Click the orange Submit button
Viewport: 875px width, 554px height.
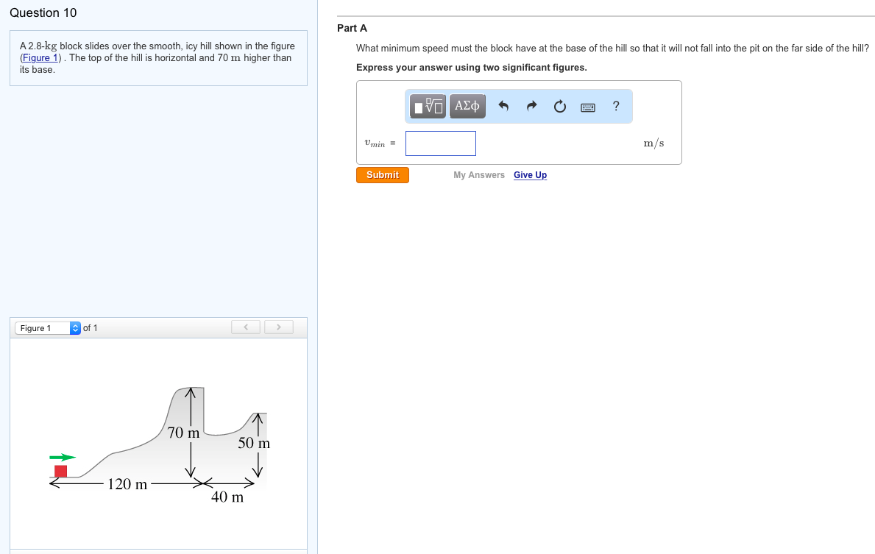coord(383,175)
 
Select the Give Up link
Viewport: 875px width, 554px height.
coord(530,175)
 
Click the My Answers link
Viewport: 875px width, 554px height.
coord(479,175)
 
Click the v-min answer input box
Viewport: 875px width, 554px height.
coord(440,143)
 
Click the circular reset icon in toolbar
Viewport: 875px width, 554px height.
coord(560,107)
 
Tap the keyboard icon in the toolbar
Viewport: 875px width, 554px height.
coord(588,107)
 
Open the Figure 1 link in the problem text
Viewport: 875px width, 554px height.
coord(35,58)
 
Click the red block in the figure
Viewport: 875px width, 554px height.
coord(60,471)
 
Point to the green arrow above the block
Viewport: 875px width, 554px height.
coord(63,458)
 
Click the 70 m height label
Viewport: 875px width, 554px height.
coord(183,433)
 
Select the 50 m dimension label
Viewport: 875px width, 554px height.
coord(254,444)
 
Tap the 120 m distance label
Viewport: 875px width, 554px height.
coord(127,484)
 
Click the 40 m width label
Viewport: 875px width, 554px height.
coord(227,497)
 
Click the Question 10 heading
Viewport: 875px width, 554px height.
coord(43,13)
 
